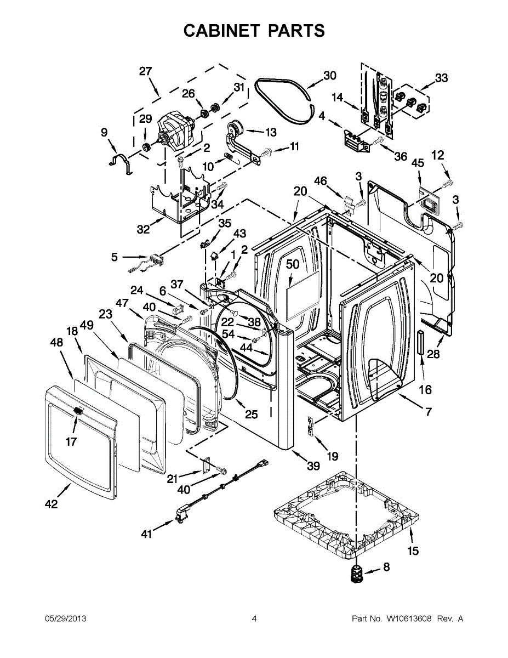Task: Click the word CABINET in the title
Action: (221, 31)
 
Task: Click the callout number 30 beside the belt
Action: (329, 76)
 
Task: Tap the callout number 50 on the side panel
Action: (293, 264)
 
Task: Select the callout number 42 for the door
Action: (51, 504)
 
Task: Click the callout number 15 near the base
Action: (413, 551)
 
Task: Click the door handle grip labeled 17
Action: (78, 411)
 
